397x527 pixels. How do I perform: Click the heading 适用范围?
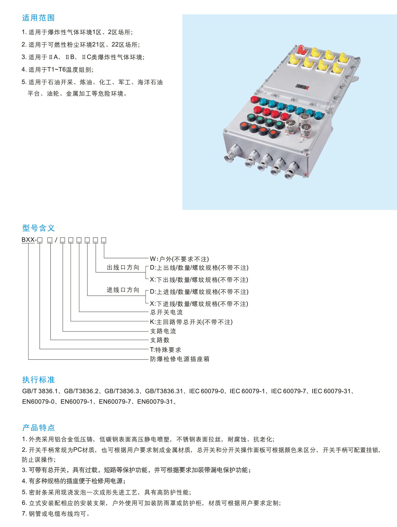pyautogui.click(x=38, y=18)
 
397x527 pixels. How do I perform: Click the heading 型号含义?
pyautogui.click(x=38, y=228)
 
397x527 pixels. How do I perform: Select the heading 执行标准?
pyautogui.click(x=38, y=380)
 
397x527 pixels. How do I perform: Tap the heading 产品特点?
pyautogui.click(x=38, y=427)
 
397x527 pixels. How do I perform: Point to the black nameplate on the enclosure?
pyautogui.click(x=302, y=87)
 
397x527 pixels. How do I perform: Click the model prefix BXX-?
pyautogui.click(x=29, y=240)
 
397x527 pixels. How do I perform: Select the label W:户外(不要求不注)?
pyautogui.click(x=179, y=259)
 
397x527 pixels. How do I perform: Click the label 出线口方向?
pyautogui.click(x=123, y=268)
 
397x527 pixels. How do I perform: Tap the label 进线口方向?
pyautogui.click(x=123, y=290)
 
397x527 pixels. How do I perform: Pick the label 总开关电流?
pyautogui.click(x=166, y=312)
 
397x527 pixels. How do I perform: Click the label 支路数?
pyautogui.click(x=160, y=340)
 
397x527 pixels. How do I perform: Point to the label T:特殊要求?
pyautogui.click(x=165, y=350)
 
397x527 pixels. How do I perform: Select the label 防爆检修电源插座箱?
pyautogui.click(x=180, y=359)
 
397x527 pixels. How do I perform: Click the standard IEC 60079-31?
pyautogui.click(x=331, y=391)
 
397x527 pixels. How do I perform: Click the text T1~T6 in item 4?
pyautogui.click(x=56, y=70)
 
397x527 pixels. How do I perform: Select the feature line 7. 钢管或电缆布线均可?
pyautogui.click(x=56, y=514)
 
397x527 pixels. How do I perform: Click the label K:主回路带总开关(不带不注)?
pyautogui.click(x=191, y=322)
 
